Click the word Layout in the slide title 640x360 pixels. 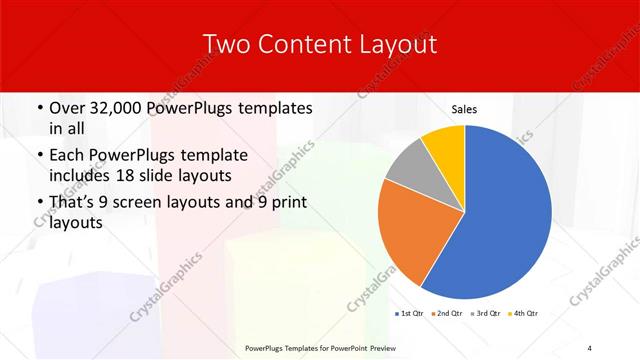point(400,45)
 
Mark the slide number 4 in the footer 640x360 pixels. point(590,347)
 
